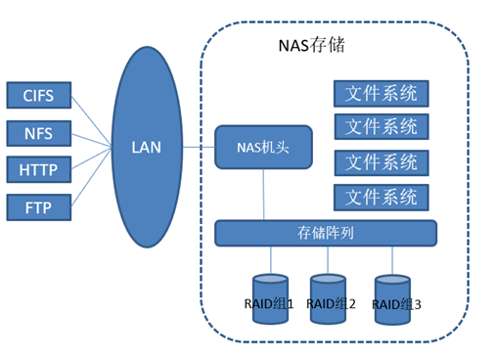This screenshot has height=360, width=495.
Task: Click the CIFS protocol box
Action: pyautogui.click(x=38, y=96)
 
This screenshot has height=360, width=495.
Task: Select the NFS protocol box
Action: pyautogui.click(x=38, y=133)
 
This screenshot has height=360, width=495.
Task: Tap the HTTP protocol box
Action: pyautogui.click(x=38, y=170)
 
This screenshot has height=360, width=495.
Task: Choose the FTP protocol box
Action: pyautogui.click(x=38, y=207)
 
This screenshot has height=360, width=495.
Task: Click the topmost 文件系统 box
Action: pyautogui.click(x=382, y=94)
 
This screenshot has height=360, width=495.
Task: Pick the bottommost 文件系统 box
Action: pyautogui.click(x=382, y=197)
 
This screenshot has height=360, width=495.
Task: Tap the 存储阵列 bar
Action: pyautogui.click(x=325, y=233)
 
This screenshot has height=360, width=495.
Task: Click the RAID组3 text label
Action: pyautogui.click(x=397, y=305)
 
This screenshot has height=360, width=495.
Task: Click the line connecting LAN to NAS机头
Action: pyautogui.click(x=198, y=148)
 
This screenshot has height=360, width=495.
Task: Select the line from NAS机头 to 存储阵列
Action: pyautogui.click(x=262, y=196)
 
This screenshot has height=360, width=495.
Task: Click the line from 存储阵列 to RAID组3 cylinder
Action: pyautogui.click(x=392, y=256)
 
